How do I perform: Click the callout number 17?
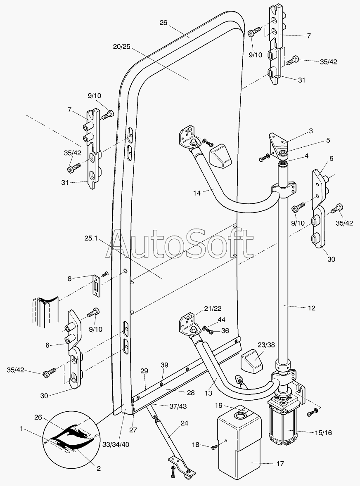point(280,464)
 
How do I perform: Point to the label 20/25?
point(121,47)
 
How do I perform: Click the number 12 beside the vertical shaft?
point(311,308)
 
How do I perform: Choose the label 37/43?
point(178,406)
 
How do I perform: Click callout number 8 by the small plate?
point(70,278)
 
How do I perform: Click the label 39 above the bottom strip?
point(164,365)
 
